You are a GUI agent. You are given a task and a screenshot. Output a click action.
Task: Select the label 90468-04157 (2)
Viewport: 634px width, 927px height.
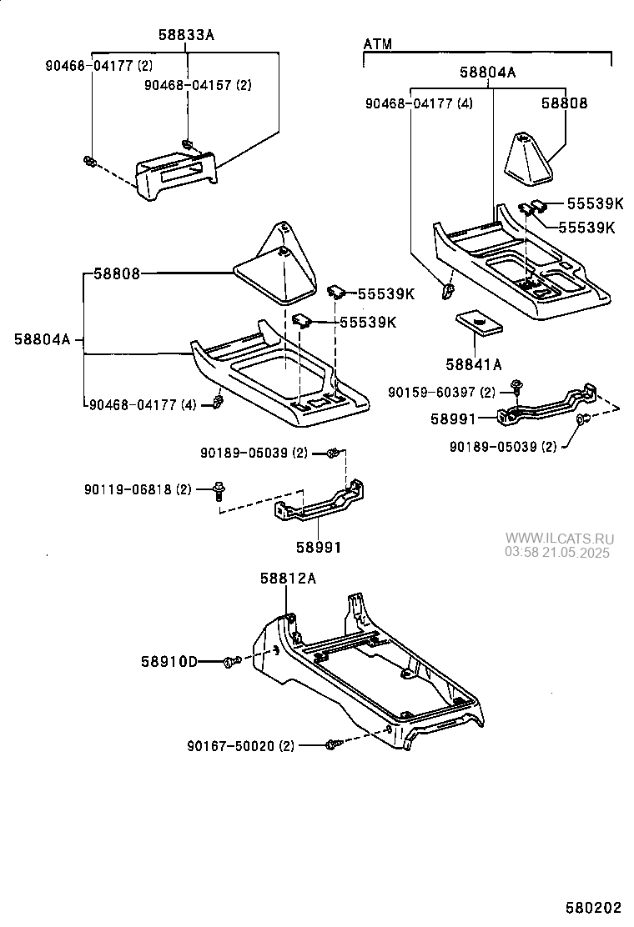(x=198, y=85)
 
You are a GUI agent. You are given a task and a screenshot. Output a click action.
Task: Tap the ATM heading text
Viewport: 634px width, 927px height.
(x=378, y=43)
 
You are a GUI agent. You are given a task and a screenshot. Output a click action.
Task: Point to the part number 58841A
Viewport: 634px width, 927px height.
(x=473, y=363)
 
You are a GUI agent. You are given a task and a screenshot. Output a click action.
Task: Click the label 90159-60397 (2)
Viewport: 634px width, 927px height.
(x=441, y=391)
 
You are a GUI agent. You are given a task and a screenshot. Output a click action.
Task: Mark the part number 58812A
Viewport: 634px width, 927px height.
(x=287, y=578)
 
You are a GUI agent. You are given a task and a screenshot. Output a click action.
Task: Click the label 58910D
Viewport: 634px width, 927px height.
(x=169, y=662)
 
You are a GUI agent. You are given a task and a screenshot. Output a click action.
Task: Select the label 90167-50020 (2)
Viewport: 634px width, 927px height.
(x=241, y=745)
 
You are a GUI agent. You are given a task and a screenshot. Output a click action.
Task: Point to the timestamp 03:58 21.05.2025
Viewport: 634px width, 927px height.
(x=556, y=552)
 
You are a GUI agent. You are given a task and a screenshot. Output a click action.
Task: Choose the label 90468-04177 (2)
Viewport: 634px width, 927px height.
(x=98, y=65)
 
